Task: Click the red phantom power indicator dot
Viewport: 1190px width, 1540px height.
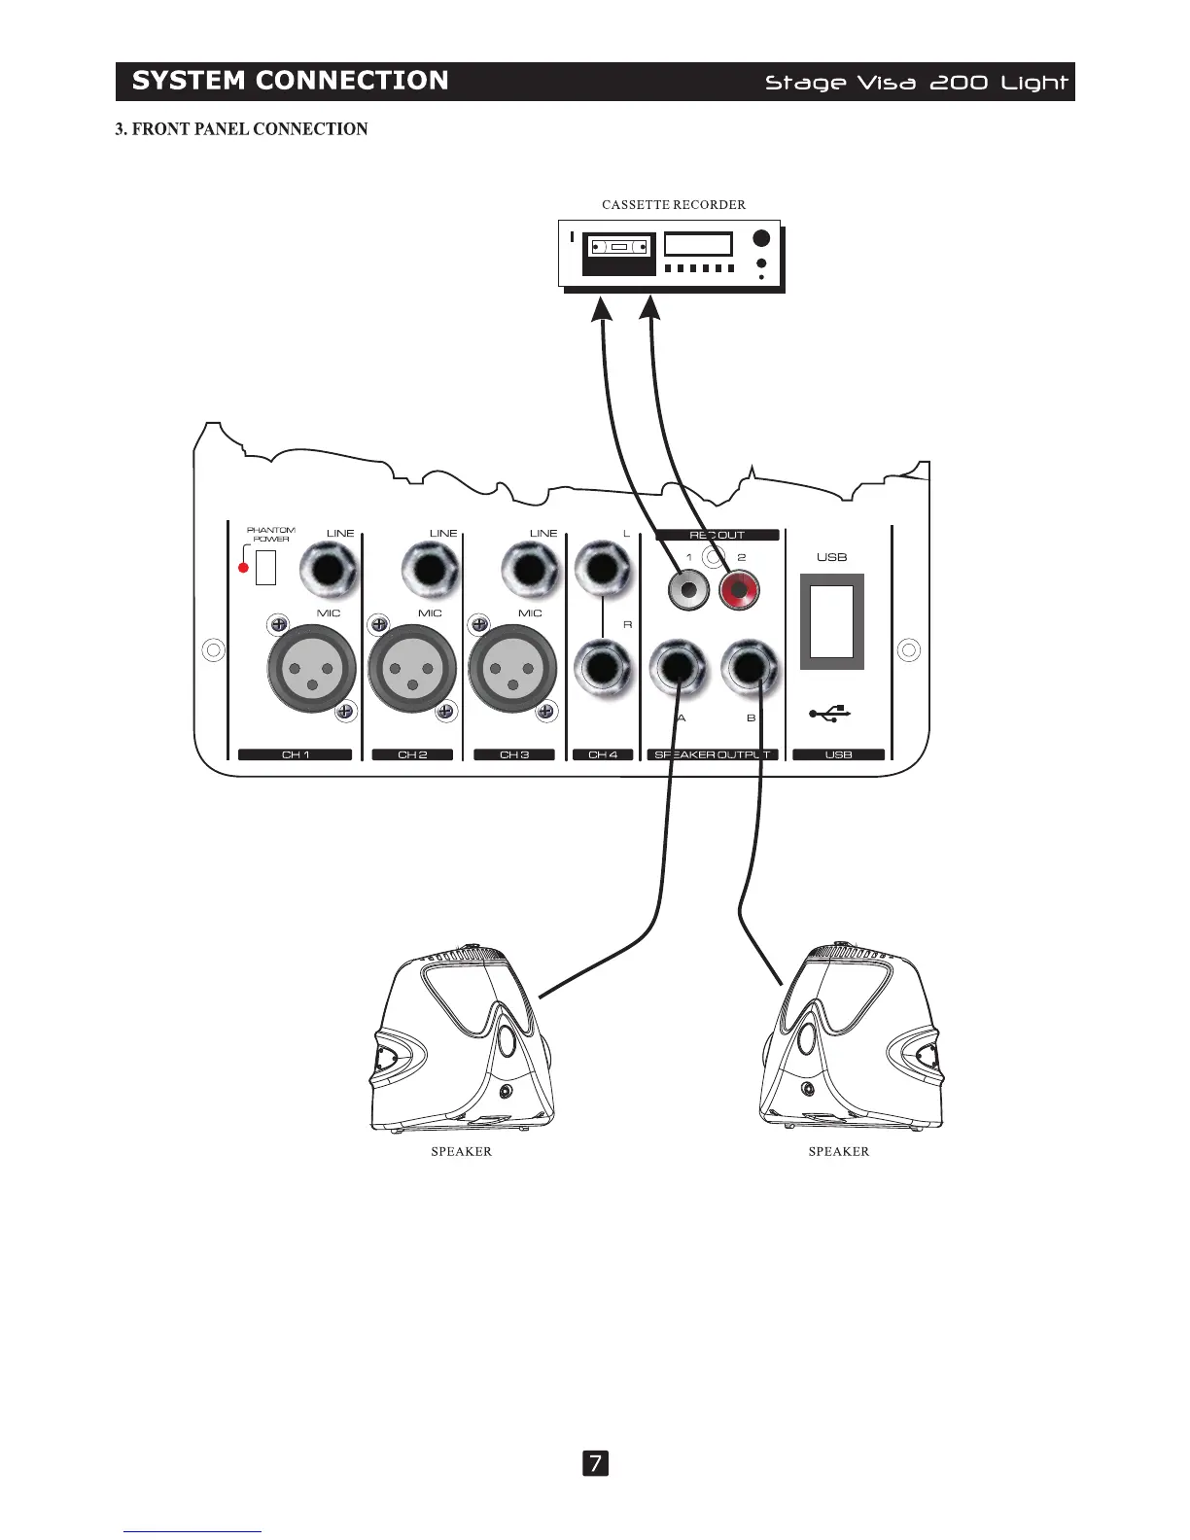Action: click(x=244, y=568)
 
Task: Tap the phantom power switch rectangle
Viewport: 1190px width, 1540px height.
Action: click(x=265, y=568)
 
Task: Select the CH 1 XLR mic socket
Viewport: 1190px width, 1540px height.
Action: click(x=311, y=669)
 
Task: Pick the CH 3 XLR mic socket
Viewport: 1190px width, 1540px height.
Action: click(x=512, y=669)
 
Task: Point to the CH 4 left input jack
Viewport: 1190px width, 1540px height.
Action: click(x=604, y=571)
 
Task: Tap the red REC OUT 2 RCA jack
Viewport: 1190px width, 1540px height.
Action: click(x=739, y=589)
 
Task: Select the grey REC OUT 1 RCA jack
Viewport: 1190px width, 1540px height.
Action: click(x=688, y=589)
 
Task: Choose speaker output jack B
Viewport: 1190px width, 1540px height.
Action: click(x=751, y=669)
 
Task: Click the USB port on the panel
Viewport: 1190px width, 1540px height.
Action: click(x=832, y=622)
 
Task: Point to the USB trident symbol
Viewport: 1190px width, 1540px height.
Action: click(x=830, y=715)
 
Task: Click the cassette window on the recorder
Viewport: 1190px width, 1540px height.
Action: click(x=619, y=248)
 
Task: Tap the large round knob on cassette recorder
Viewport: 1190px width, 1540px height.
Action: click(x=761, y=238)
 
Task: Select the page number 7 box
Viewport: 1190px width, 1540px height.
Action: click(x=595, y=1463)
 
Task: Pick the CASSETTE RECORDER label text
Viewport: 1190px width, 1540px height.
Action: click(x=674, y=205)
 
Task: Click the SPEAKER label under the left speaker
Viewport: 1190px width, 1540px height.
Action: click(x=461, y=1152)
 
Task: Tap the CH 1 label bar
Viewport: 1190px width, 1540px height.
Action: click(x=295, y=754)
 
